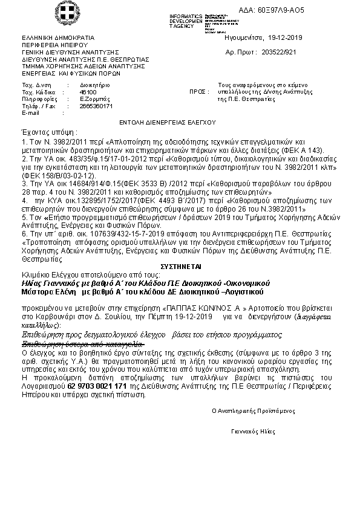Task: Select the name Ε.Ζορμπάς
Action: click(x=94, y=99)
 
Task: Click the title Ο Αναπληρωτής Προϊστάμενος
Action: click(x=253, y=410)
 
